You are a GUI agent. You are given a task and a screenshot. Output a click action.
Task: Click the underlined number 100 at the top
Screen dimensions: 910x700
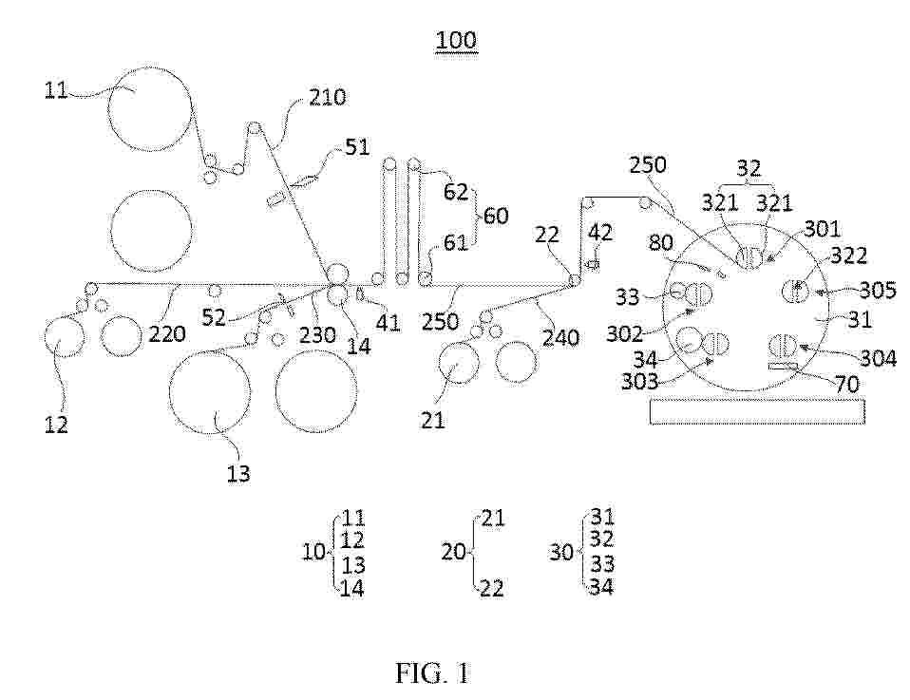456,41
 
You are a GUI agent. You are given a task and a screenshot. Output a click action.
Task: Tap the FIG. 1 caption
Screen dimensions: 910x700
433,673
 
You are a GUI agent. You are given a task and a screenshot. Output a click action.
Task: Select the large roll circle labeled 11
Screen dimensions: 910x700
150,107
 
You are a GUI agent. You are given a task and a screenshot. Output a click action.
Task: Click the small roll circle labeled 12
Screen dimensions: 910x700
65,338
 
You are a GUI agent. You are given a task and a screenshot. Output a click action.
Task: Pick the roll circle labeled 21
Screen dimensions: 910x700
460,363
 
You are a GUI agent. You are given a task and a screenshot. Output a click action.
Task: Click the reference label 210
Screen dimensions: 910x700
328,97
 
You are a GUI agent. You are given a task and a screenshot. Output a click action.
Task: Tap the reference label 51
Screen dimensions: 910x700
357,147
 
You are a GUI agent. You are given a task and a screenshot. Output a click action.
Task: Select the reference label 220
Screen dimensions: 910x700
168,333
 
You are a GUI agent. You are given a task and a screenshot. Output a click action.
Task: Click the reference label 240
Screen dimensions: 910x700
560,337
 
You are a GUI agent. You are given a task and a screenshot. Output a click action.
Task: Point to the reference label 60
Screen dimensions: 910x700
496,216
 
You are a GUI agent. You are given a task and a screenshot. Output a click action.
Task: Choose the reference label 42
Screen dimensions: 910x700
600,233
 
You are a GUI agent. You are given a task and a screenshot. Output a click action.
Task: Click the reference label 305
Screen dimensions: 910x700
878,290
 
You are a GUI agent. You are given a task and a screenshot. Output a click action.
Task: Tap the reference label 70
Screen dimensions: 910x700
846,384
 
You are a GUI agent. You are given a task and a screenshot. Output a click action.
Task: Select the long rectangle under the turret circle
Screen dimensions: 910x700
758,410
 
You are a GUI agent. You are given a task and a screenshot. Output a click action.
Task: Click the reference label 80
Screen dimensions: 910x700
660,242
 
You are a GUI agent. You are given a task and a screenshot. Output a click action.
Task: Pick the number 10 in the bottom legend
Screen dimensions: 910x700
314,552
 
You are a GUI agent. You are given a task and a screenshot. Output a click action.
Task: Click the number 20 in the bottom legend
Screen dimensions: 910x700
453,552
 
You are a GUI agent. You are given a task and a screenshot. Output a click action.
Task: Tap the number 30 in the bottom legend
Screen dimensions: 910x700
561,552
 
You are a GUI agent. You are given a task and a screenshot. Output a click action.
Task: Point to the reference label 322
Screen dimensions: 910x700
849,256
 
